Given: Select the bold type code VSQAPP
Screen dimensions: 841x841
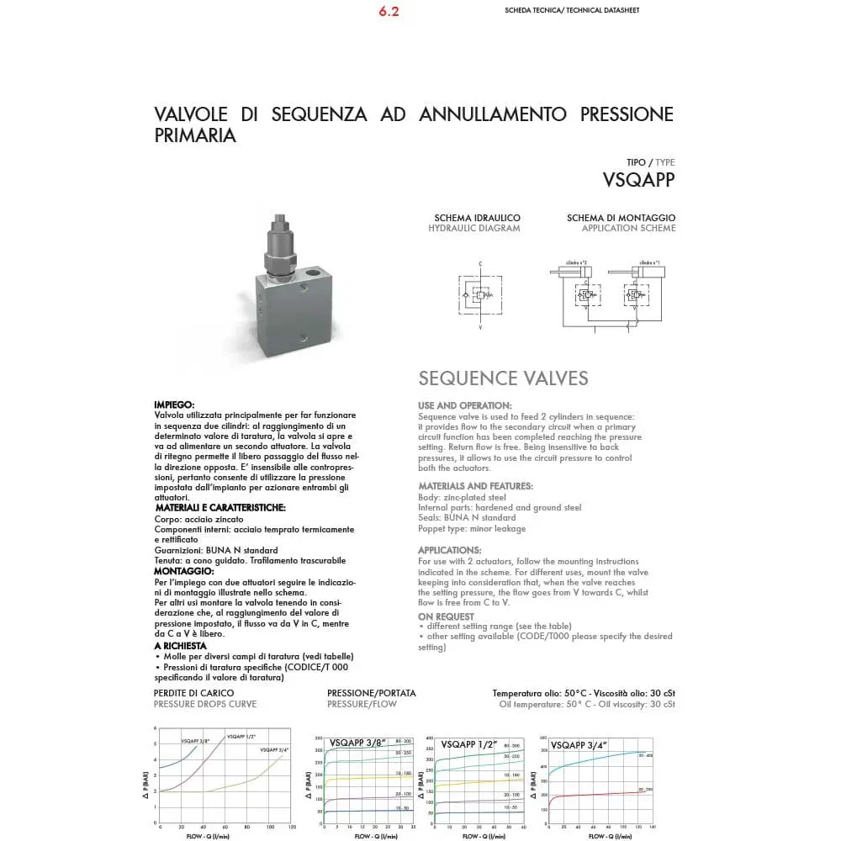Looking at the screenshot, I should pos(638,179).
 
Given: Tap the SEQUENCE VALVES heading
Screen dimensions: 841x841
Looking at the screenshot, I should pos(503,378).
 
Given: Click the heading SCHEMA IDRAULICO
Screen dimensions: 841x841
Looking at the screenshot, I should pos(477,218).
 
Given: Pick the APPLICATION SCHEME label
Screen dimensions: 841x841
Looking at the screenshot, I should pos(628,229).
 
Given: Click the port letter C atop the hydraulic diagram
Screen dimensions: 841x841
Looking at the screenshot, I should pos(480,264).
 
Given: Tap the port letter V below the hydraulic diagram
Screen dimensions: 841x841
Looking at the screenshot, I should pos(480,329).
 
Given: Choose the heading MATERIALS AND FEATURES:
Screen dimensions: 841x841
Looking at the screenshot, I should pos(475,486).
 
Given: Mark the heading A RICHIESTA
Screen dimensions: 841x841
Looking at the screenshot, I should pos(180,646).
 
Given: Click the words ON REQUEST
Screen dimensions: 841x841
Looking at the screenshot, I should pos(446,616).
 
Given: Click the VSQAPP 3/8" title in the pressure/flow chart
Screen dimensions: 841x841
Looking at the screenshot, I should pos(357,743).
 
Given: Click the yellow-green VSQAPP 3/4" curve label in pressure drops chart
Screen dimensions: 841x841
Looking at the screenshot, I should pos(274,748).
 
